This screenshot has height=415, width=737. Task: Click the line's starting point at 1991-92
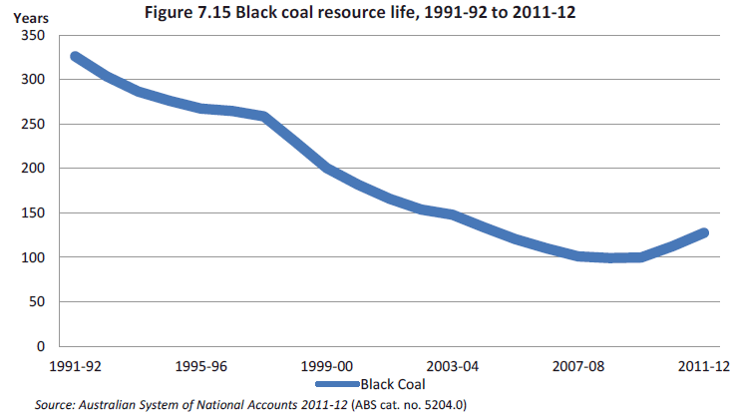coord(75,57)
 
